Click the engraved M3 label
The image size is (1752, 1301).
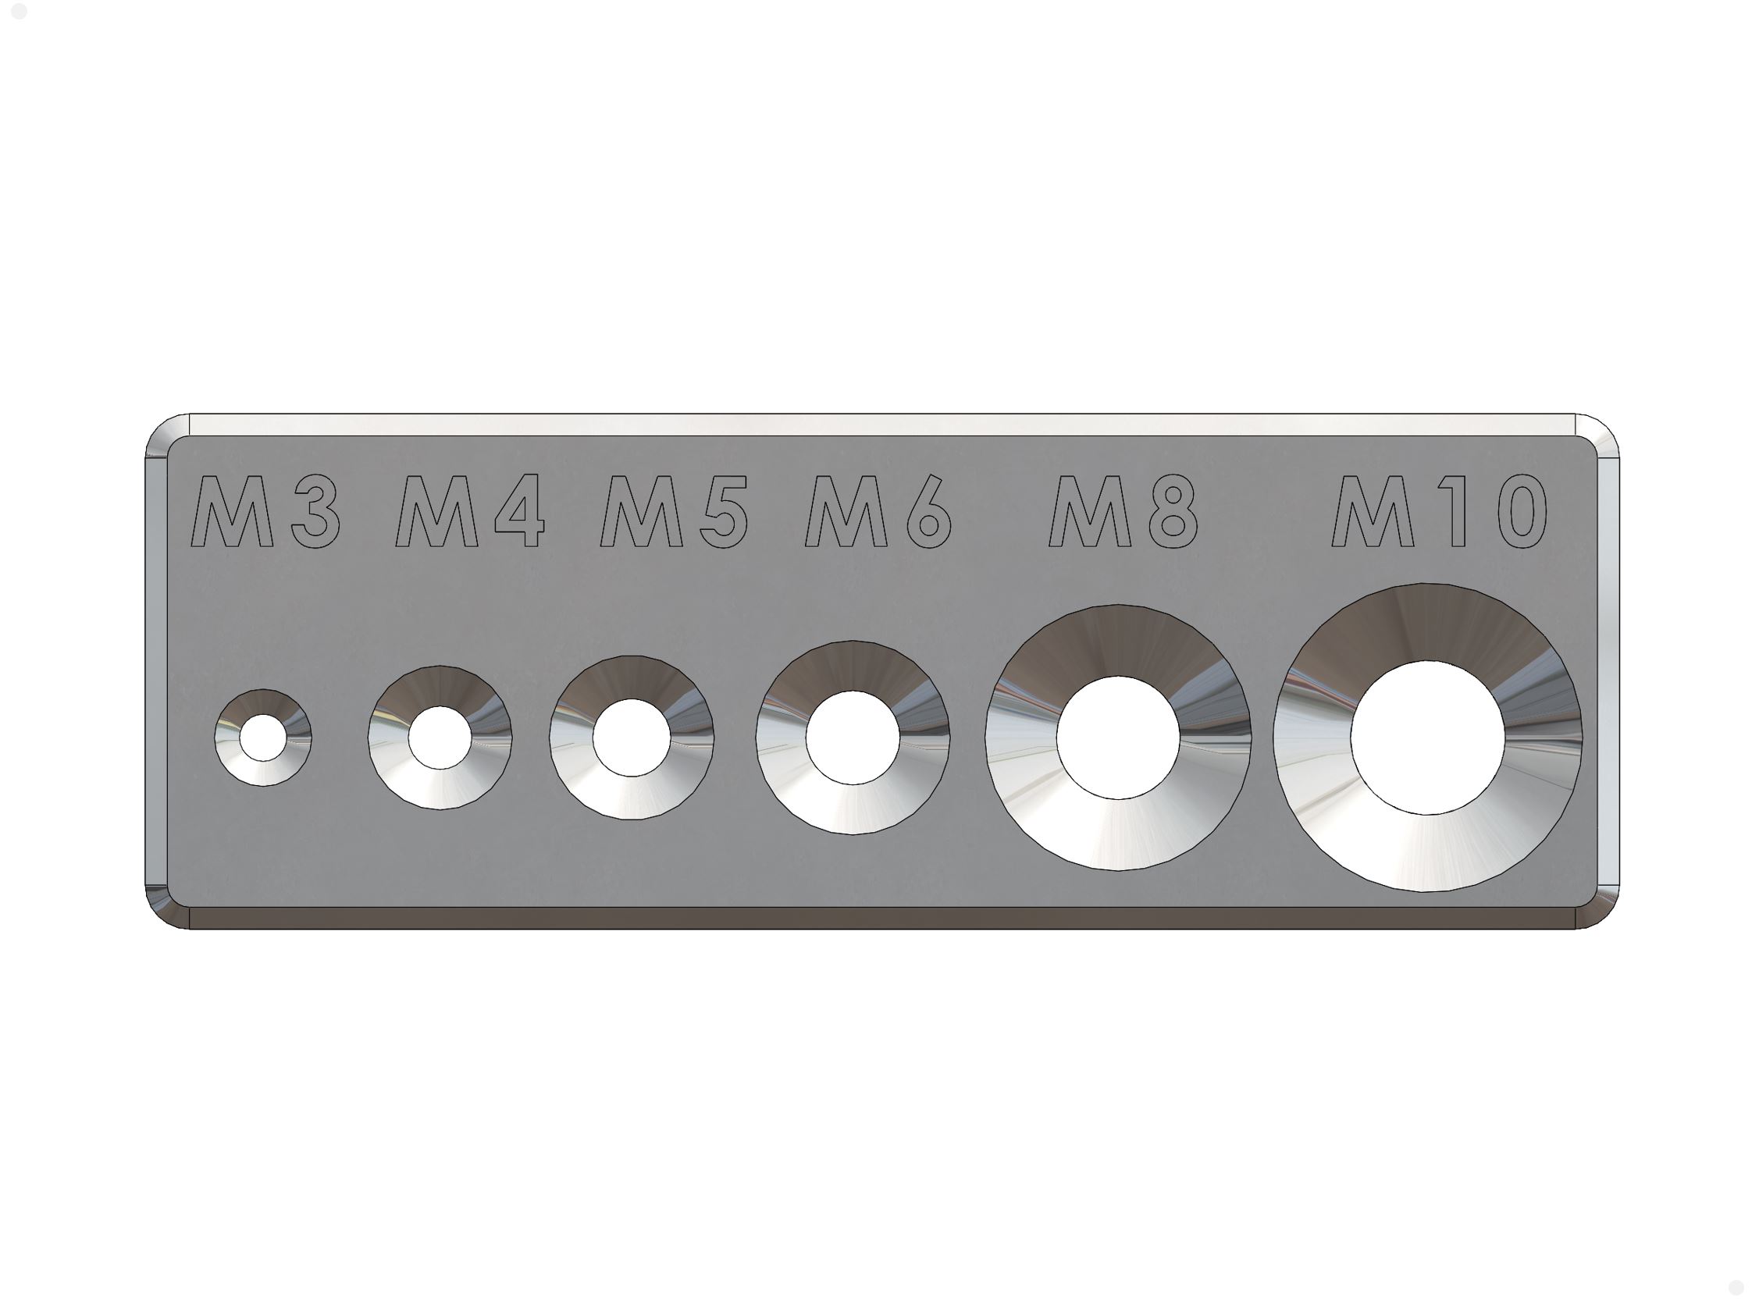click(x=266, y=511)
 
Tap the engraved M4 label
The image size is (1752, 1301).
click(x=470, y=511)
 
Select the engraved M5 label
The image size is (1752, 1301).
click(x=674, y=511)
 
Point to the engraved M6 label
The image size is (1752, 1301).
click(x=878, y=511)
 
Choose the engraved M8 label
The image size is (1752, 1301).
click(x=1123, y=511)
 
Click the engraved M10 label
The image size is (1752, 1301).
click(x=1438, y=511)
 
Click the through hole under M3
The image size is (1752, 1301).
click(x=263, y=738)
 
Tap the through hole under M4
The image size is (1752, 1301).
click(x=440, y=738)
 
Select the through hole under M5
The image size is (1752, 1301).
click(x=631, y=738)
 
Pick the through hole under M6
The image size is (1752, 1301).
click(x=853, y=738)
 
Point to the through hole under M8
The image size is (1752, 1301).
click(x=1118, y=738)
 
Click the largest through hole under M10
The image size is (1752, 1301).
click(x=1427, y=738)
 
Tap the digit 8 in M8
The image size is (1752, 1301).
click(x=1173, y=511)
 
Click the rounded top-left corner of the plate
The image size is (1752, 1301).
click(x=167, y=435)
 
